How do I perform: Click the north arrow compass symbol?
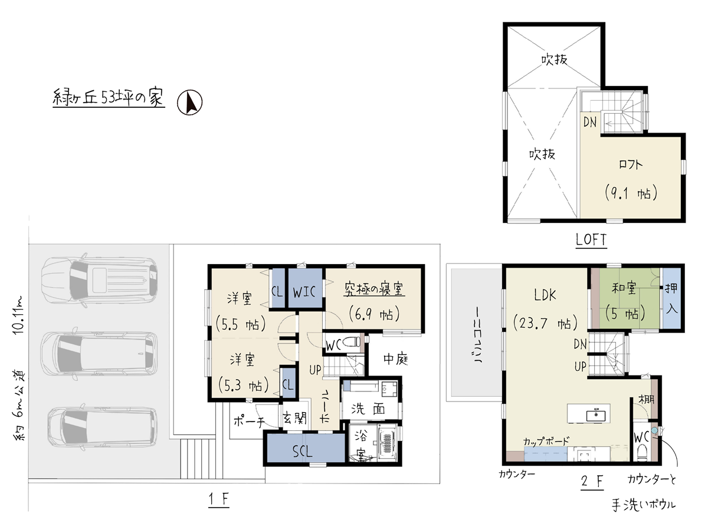tap(189, 102)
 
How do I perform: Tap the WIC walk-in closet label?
tap(304, 292)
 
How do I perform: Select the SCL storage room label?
tap(303, 452)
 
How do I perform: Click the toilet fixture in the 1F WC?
tap(351, 342)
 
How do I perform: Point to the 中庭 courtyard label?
tap(396, 358)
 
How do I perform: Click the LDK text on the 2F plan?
tap(545, 295)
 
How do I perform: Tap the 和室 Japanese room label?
tap(624, 288)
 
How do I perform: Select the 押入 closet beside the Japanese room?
tap(671, 298)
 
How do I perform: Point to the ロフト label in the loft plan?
tap(631, 164)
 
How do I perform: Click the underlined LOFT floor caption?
tap(591, 240)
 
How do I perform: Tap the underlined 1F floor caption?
tap(219, 500)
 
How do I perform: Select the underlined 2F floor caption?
tap(592, 482)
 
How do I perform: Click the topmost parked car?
tap(99, 279)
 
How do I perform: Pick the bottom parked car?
tap(103, 427)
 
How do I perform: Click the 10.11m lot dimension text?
tap(18, 315)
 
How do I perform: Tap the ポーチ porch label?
tap(249, 421)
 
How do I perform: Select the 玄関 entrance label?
tap(294, 418)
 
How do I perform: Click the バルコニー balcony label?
tap(478, 335)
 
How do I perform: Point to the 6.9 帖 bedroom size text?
tap(374, 314)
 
